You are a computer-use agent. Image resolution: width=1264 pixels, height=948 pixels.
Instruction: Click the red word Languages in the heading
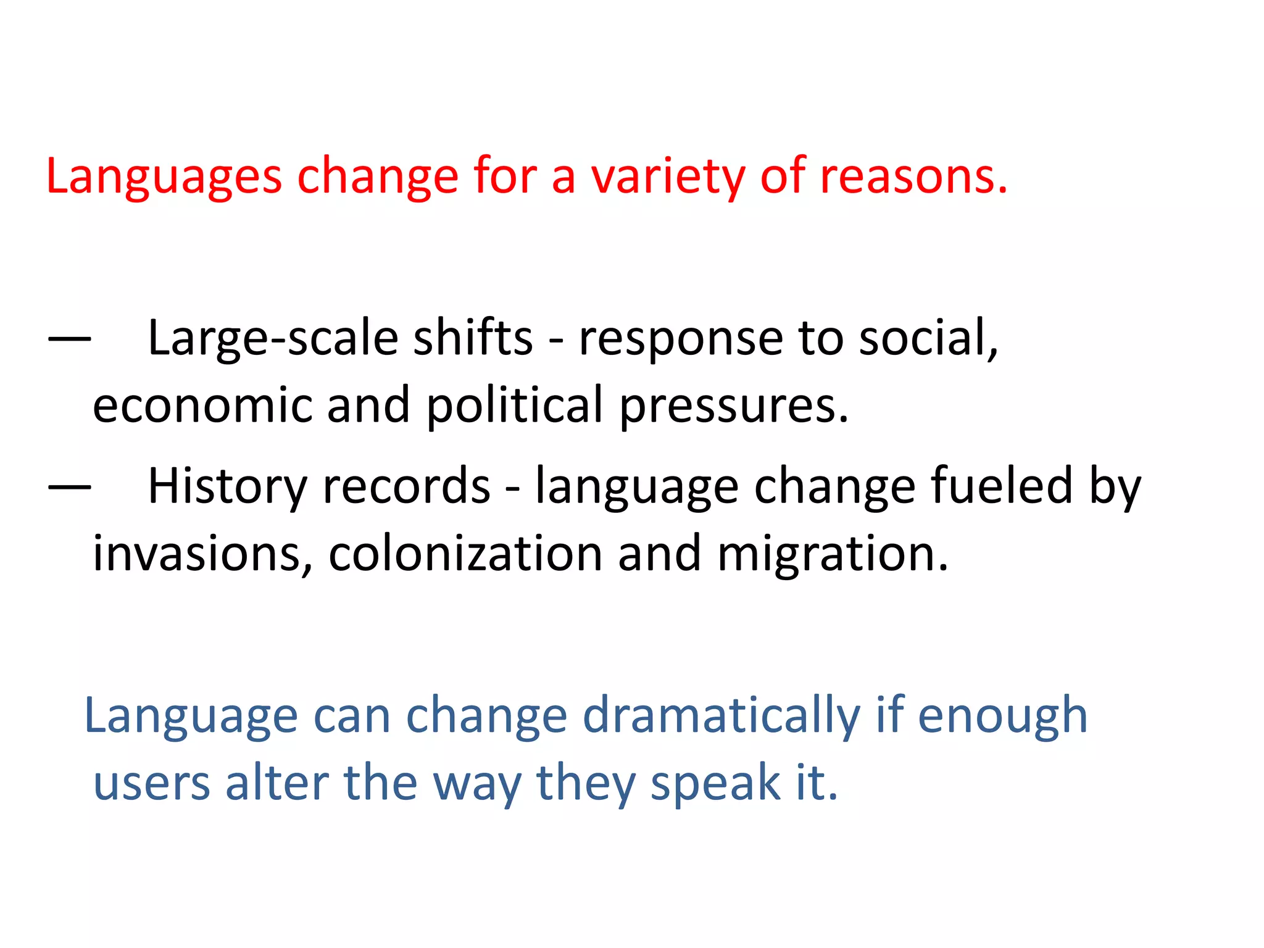(164, 177)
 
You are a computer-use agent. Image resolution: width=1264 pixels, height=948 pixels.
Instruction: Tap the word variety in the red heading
(668, 177)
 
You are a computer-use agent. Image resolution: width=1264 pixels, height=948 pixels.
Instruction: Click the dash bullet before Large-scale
(69, 339)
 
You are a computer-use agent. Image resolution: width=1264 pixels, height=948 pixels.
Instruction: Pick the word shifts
(472, 338)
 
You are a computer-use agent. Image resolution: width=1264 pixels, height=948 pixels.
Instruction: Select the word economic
(202, 405)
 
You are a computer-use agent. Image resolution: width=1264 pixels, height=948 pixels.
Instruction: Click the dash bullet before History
(69, 487)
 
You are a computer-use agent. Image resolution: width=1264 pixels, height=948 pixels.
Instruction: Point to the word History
(227, 487)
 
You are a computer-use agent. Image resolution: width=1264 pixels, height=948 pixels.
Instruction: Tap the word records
(406, 487)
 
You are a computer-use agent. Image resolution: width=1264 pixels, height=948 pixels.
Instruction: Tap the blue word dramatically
(721, 717)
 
